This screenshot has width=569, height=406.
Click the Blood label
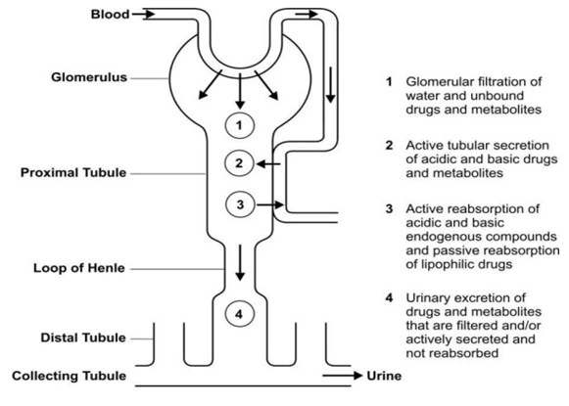point(110,15)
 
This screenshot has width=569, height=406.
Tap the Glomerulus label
point(89,77)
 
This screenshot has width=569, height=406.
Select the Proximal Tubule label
point(73,172)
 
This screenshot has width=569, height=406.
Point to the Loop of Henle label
point(79,268)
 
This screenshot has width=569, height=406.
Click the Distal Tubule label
point(83,338)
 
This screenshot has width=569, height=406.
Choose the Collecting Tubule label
point(69,376)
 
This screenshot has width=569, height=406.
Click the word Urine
point(384,376)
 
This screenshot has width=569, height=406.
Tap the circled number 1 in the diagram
point(240,125)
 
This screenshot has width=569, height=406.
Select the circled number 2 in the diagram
point(239,163)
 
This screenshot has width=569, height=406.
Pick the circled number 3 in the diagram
point(240,204)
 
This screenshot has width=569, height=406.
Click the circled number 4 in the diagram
point(240,314)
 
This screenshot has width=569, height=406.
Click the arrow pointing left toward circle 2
point(268,164)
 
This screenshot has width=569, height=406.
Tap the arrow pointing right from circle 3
point(270,205)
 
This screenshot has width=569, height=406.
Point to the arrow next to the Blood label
point(143,15)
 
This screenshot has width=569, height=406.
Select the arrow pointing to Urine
point(343,376)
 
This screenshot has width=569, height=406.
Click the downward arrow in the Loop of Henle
point(240,263)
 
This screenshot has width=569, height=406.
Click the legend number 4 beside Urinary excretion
point(389,298)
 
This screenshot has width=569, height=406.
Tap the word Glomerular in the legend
point(439,82)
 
